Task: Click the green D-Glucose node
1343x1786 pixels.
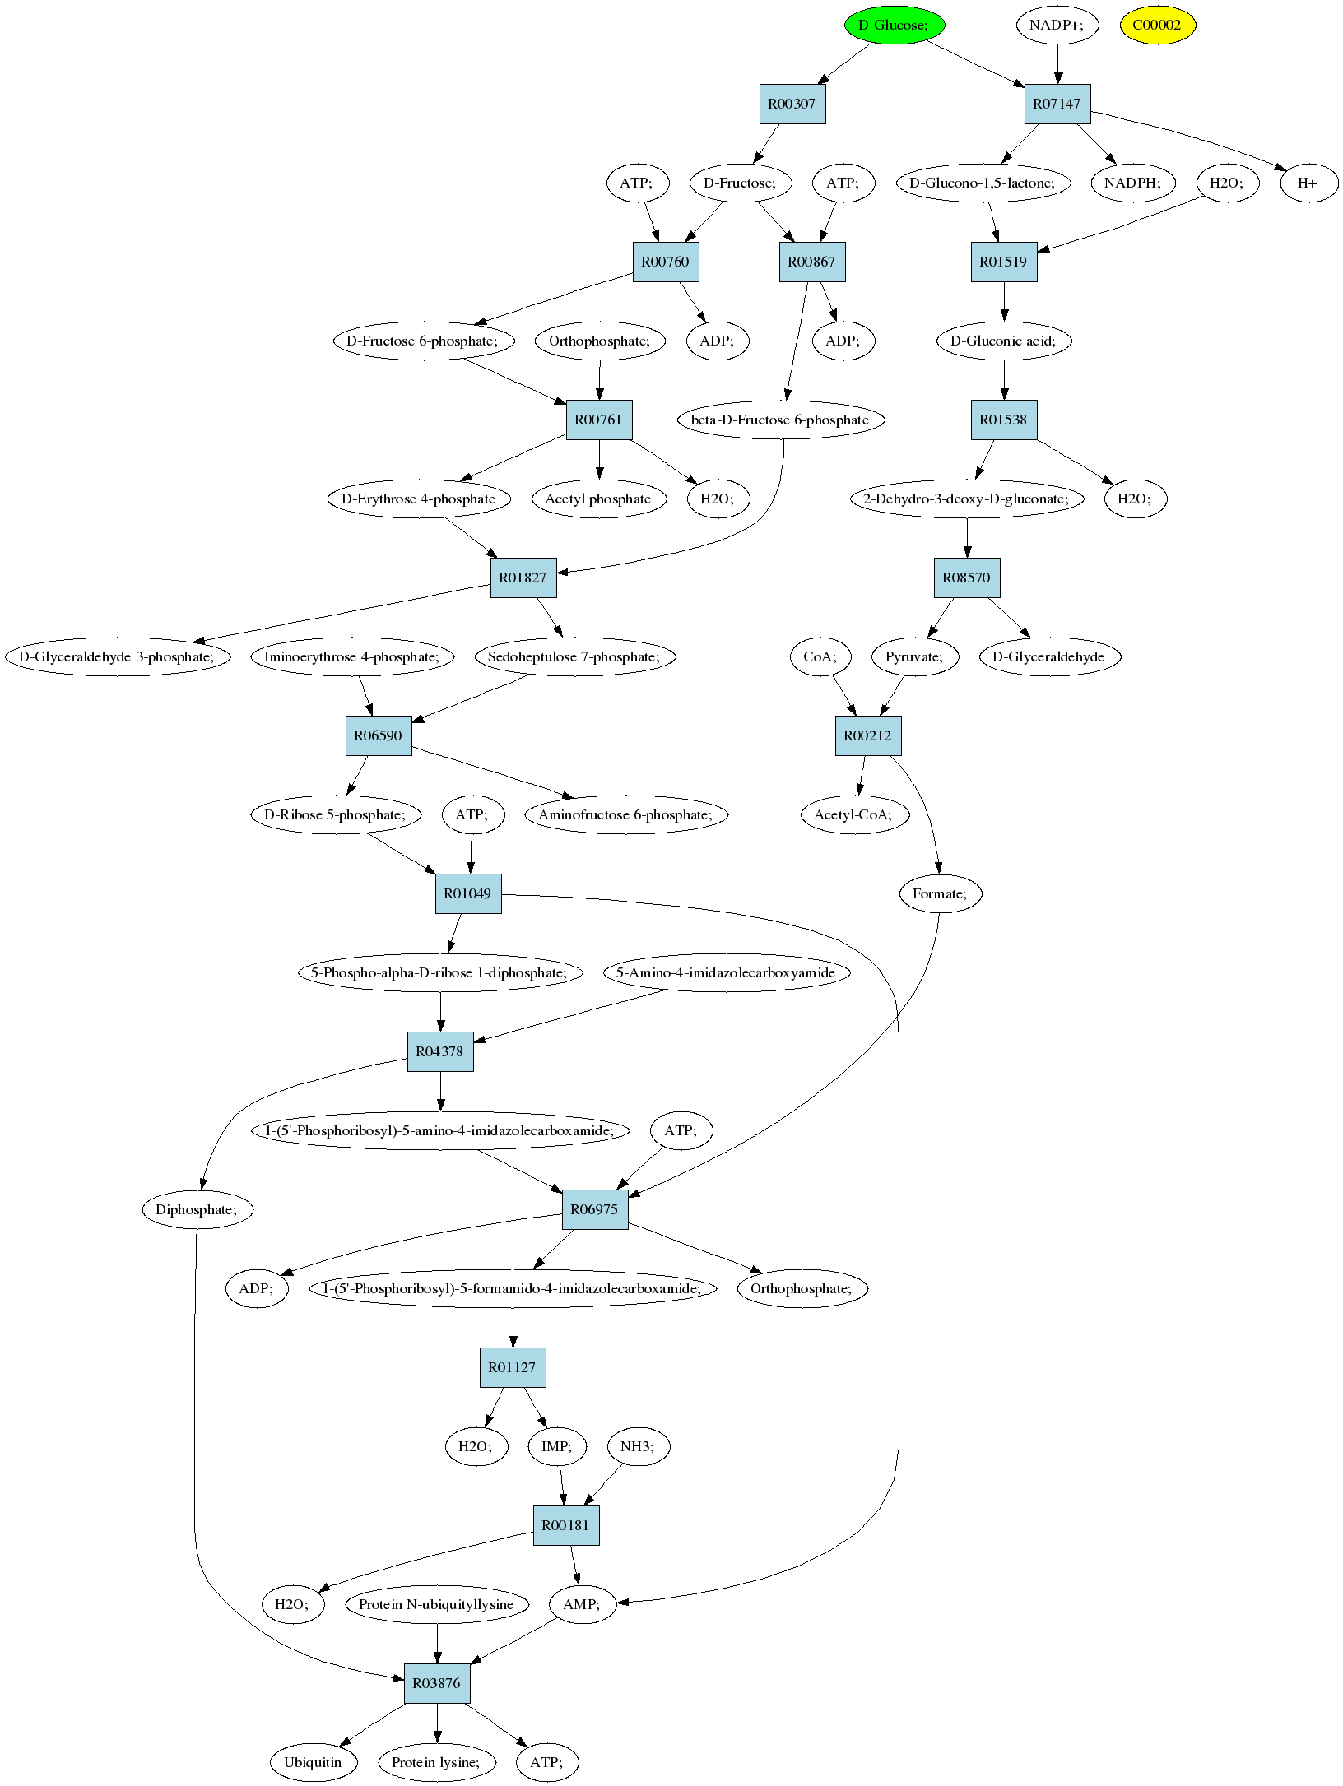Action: click(x=895, y=25)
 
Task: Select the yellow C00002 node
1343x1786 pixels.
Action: click(x=1157, y=25)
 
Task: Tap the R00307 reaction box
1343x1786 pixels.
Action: click(x=792, y=104)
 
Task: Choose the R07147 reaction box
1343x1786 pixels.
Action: click(x=1057, y=104)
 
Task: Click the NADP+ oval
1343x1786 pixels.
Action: click(x=1057, y=25)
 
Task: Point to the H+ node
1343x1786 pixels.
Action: click(x=1308, y=183)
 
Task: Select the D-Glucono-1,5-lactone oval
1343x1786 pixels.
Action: click(x=983, y=183)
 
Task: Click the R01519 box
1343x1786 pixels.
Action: click(x=1003, y=262)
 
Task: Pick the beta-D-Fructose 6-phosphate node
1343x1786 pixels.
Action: click(x=780, y=420)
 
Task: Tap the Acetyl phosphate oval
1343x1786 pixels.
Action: click(x=598, y=499)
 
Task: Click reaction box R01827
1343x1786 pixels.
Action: click(x=523, y=578)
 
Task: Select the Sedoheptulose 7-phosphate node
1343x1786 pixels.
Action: click(x=575, y=656)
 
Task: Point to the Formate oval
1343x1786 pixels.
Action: click(x=941, y=893)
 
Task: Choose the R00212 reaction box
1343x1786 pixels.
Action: click(x=868, y=735)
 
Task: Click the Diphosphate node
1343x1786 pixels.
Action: click(x=197, y=1209)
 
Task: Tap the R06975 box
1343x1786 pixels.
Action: click(x=595, y=1209)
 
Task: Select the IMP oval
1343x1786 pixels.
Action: click(x=556, y=1446)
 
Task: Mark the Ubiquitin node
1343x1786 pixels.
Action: click(x=313, y=1762)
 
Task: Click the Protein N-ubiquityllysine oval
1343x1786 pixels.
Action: click(x=436, y=1604)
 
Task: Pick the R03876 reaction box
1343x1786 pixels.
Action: click(x=437, y=1683)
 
